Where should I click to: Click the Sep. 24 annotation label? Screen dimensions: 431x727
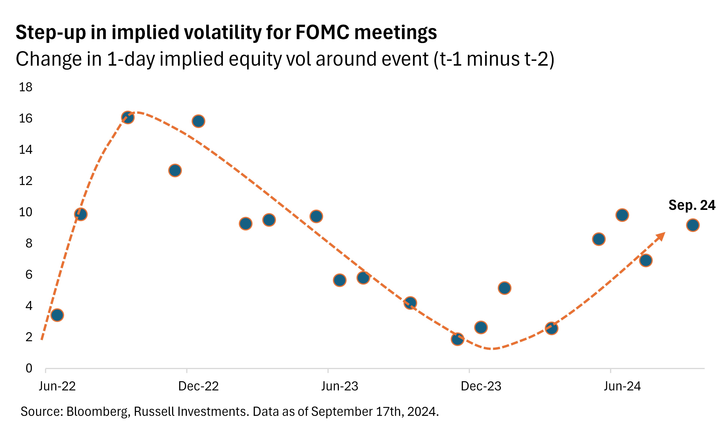[x=692, y=205]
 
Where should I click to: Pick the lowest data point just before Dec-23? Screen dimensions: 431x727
[x=457, y=339]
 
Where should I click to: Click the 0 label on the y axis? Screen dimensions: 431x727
[x=29, y=368]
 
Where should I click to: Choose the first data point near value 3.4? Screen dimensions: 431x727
[x=57, y=315]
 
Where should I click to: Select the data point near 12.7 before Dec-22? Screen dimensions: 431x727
[x=175, y=170]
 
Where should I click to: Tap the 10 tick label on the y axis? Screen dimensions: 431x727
[x=26, y=212]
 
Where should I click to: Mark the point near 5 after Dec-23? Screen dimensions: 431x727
[x=504, y=288]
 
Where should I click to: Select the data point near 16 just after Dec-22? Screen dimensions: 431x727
[x=198, y=121]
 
